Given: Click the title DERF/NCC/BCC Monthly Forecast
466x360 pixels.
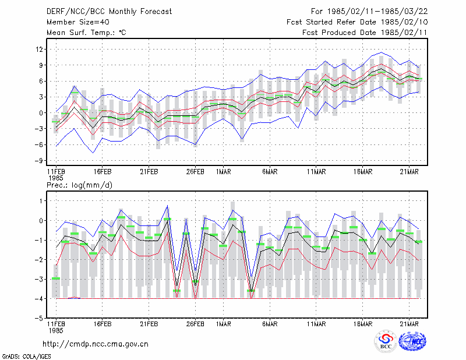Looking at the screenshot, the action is [109, 12].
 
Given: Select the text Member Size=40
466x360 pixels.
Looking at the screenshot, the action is [78, 22].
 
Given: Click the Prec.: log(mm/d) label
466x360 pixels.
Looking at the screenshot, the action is [79, 185].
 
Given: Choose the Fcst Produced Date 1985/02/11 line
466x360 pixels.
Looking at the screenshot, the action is [365, 33].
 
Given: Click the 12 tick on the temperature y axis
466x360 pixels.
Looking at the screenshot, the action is [39, 50].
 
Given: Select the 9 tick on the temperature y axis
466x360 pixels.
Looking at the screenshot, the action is [41, 65].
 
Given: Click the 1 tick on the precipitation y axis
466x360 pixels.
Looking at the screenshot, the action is [41, 201].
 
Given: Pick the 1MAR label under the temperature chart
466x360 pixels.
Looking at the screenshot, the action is [223, 172].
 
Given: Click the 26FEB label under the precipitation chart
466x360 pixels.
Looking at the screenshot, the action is [195, 324].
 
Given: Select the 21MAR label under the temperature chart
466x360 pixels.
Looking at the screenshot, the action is [409, 172].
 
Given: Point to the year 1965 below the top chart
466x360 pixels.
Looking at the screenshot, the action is [56, 178].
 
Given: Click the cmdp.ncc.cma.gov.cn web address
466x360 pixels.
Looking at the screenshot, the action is [96, 344].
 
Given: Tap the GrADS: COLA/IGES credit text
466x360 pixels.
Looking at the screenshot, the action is [26, 357].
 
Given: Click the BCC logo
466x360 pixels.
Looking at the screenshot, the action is [386, 341].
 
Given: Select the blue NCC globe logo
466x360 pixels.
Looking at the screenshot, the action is [412, 341].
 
